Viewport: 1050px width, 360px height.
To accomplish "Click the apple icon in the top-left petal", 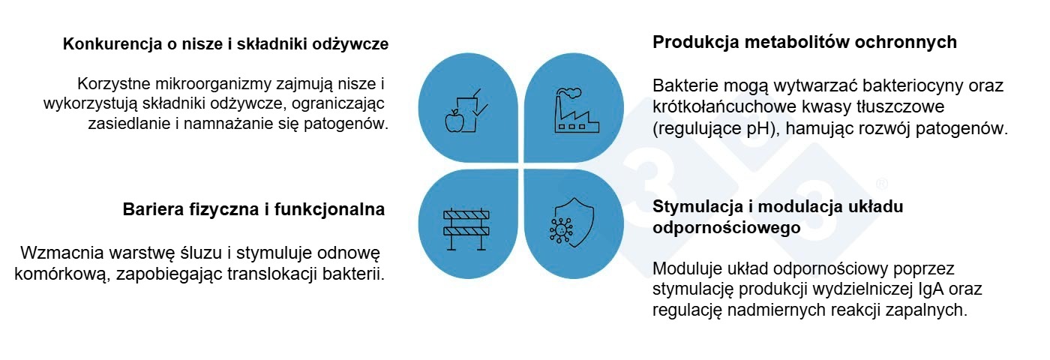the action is click(x=454, y=121).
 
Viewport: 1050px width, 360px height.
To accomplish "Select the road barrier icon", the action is click(x=466, y=228).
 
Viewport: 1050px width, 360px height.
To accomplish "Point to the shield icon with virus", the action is click(x=571, y=223).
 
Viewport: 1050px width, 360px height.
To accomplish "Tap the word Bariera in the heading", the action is click(x=153, y=209).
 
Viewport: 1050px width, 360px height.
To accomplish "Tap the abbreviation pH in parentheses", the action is click(x=759, y=128).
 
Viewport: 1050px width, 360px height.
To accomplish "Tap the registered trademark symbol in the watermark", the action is click(x=881, y=184).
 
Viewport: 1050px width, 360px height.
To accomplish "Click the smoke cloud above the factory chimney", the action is click(x=568, y=93).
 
